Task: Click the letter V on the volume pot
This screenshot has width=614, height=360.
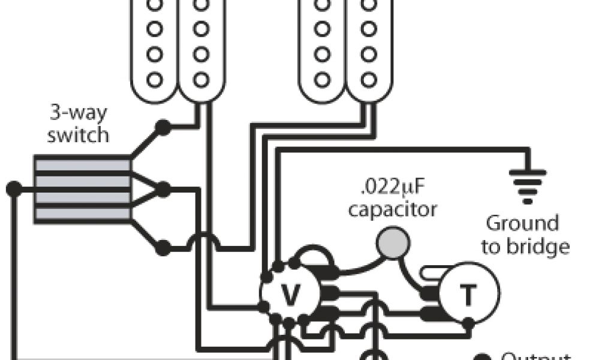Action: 290,294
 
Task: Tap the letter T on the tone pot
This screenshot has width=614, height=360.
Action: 468,295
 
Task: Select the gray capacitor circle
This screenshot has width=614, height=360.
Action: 393,243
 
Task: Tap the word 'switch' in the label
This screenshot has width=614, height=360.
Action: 79,134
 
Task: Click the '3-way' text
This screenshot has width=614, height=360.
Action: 79,113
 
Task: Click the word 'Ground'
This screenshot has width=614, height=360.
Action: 522,224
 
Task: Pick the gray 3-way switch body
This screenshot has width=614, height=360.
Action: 82,189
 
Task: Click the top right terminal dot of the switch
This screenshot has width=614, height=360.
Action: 162,127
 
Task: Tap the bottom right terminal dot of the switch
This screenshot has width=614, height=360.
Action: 162,246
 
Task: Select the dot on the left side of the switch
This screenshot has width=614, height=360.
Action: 13,189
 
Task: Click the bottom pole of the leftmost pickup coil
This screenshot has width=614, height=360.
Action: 155,79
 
